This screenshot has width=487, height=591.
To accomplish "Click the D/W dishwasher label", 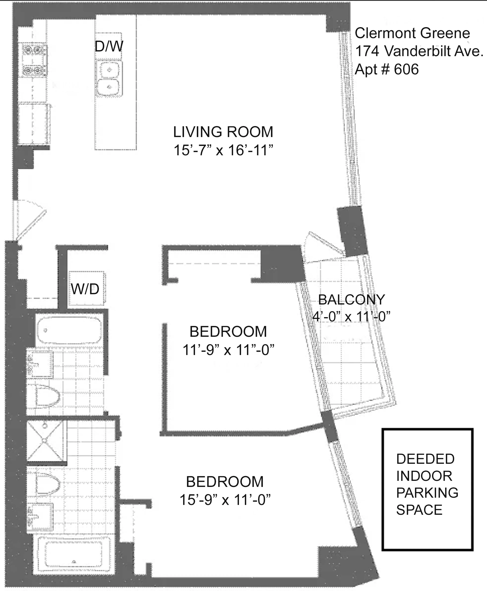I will pyautogui.click(x=109, y=46).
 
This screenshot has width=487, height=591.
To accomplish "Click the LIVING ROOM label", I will pyautogui.click(x=223, y=132).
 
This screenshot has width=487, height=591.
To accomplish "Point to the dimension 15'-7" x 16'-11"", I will pyautogui.click(x=223, y=150).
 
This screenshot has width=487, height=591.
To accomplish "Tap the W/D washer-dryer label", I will pyautogui.click(x=85, y=289).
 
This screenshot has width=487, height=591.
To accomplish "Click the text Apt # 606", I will pyautogui.click(x=387, y=69).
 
